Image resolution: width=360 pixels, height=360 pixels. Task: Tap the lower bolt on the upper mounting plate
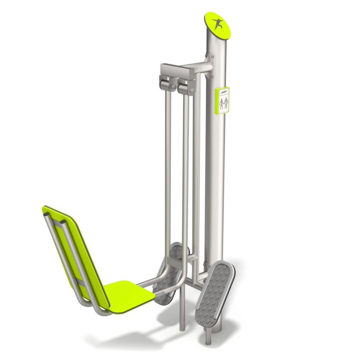(x=211, y=77)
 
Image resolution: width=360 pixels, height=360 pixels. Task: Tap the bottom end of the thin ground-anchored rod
(x=182, y=328)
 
